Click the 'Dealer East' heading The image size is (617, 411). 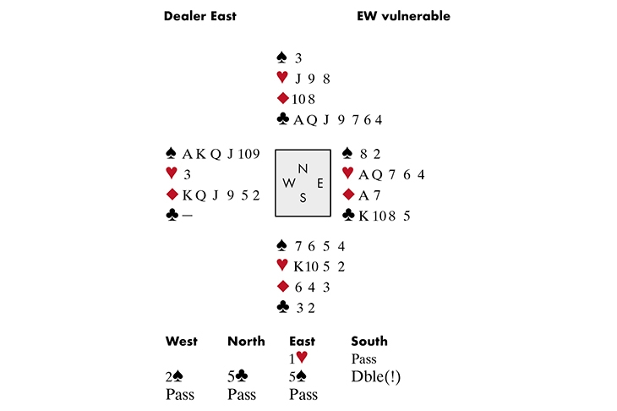tap(199, 16)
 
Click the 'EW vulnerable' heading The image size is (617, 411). tap(403, 16)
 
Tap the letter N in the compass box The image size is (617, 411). tap(303, 168)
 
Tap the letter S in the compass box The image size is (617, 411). tap(303, 198)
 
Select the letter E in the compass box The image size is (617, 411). tap(319, 183)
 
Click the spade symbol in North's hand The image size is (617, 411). tap(282, 58)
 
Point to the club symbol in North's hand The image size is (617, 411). tap(283, 119)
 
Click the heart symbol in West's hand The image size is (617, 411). tap(172, 175)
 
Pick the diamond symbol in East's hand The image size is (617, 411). tap(347, 195)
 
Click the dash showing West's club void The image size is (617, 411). tap(187, 216)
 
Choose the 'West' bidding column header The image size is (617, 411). tap(182, 342)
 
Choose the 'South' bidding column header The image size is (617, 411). tap(369, 342)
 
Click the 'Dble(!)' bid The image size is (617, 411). tap(375, 377)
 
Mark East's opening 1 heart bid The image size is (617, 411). tap(299, 359)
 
